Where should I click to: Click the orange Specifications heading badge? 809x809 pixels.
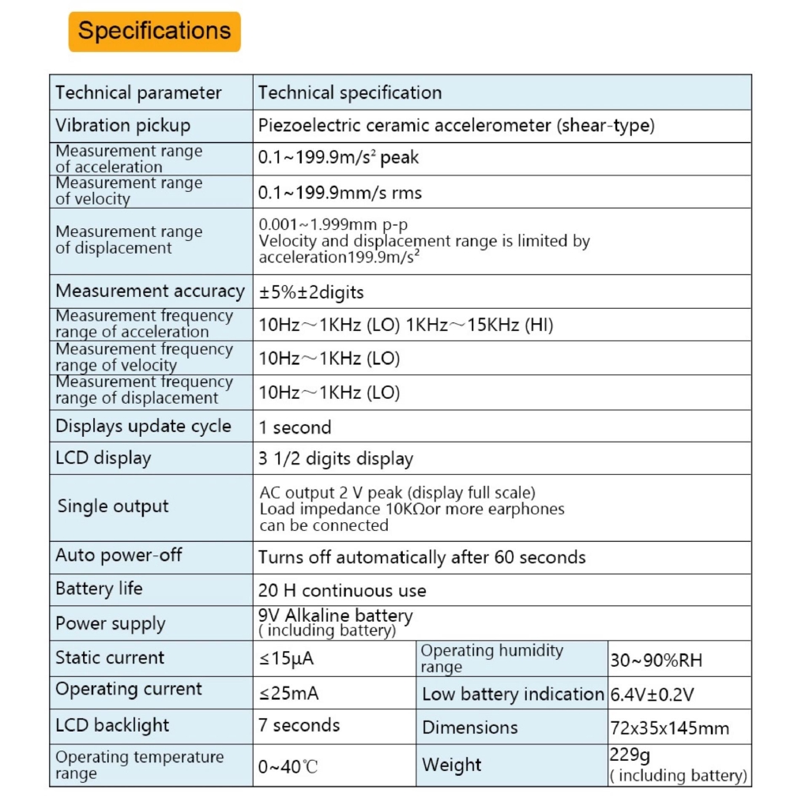(x=154, y=32)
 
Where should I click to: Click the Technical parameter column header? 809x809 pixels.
(x=138, y=92)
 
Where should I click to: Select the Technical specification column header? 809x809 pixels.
(x=349, y=92)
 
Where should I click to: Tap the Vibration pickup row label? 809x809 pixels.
(x=122, y=126)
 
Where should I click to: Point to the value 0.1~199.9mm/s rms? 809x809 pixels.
(x=340, y=192)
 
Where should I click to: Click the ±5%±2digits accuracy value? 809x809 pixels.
(x=311, y=292)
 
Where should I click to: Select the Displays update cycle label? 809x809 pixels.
(x=143, y=427)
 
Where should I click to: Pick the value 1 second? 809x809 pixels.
(x=295, y=427)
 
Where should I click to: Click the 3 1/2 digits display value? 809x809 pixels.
(x=336, y=458)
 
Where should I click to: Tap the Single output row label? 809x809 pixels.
(x=113, y=506)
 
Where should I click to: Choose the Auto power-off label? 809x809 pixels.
(x=119, y=555)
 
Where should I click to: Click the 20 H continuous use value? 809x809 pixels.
(x=342, y=590)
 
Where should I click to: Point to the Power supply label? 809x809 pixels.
(x=111, y=623)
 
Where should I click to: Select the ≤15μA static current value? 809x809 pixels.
(x=292, y=658)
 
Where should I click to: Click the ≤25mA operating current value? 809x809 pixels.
(x=289, y=694)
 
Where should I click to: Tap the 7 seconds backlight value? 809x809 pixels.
(x=299, y=725)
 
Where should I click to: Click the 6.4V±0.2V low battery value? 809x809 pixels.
(x=652, y=695)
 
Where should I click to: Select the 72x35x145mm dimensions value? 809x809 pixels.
(x=668, y=728)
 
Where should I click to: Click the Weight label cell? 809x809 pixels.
(x=451, y=765)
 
